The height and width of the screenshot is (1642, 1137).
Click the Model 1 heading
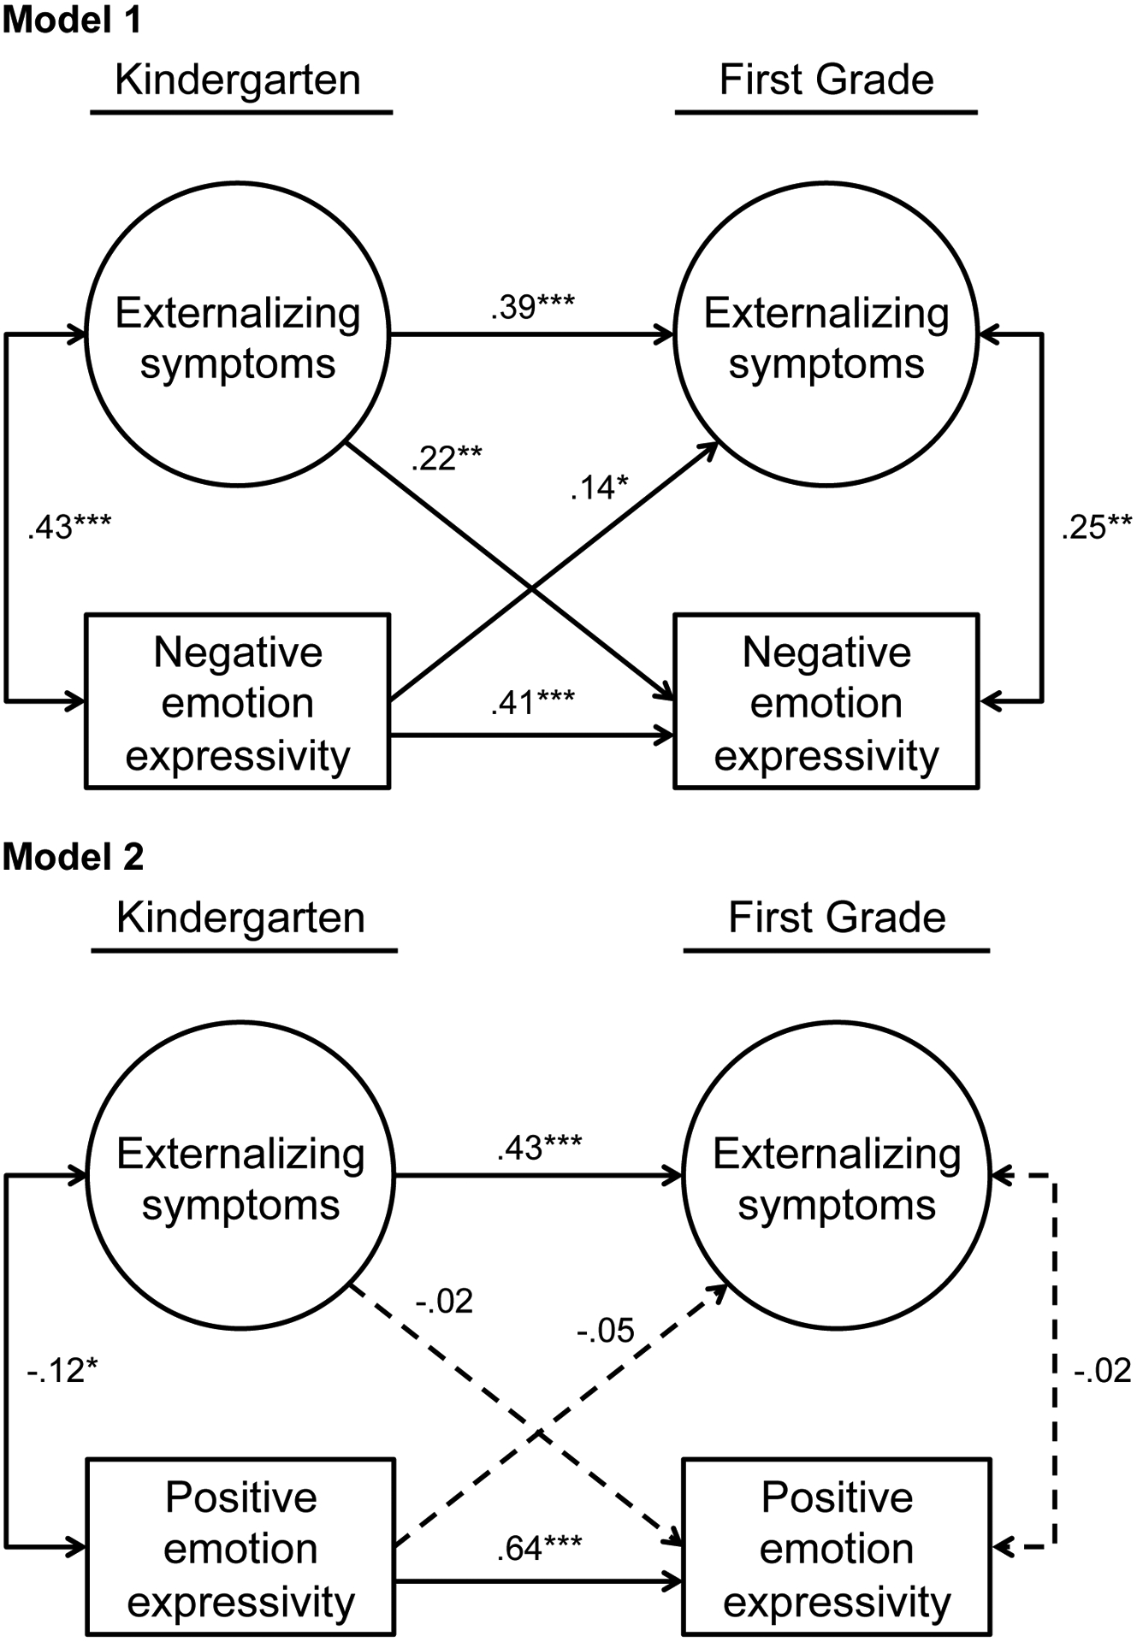72,20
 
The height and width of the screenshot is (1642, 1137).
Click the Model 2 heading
74,856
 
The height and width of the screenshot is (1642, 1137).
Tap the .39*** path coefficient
532,307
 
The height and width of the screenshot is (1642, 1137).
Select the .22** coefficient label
447,459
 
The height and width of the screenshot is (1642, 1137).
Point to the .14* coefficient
599,487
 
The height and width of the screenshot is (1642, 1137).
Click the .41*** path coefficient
532,702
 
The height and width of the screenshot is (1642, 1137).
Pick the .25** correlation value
1096,527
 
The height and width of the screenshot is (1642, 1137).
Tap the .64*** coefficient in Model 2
539,1547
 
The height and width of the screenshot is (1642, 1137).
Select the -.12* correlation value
62,1370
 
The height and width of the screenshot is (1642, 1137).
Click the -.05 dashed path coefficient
605,1331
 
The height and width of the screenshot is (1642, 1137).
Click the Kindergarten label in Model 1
238,80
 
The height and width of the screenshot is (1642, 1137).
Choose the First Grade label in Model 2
837,918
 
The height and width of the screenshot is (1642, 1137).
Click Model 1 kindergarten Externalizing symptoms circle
238,334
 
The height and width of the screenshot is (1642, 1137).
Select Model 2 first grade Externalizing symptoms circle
837,1177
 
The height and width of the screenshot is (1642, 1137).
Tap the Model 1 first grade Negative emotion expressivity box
826,701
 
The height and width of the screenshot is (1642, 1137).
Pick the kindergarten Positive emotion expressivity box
240,1547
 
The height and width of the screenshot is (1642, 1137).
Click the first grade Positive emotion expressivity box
837,1547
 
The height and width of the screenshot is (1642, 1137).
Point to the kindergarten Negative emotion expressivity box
238,701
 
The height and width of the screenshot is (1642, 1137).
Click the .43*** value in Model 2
539,1148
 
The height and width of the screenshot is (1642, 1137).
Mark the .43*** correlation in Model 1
69,527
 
